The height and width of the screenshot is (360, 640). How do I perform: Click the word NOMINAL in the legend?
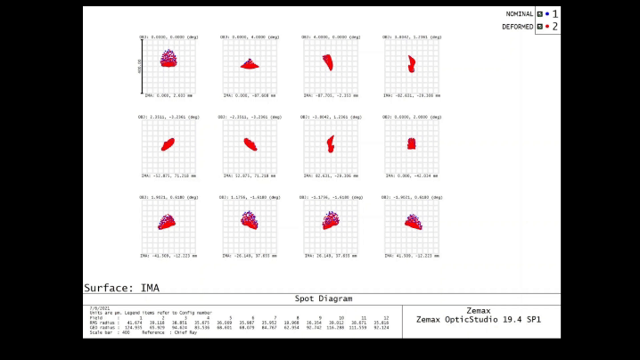click(x=520, y=14)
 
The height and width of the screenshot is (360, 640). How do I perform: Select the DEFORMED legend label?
click(x=518, y=27)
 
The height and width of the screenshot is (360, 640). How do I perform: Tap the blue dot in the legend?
click(x=546, y=14)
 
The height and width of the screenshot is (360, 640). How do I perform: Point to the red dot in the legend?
click(x=546, y=27)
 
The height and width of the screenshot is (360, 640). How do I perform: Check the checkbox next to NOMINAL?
click(x=539, y=14)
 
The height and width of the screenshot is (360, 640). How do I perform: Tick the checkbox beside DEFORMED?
click(x=539, y=27)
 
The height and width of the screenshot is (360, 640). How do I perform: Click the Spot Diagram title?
click(x=323, y=299)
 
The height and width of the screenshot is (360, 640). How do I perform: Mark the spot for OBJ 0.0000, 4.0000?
click(x=250, y=64)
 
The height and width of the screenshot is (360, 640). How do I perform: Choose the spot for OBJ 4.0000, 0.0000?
click(x=327, y=61)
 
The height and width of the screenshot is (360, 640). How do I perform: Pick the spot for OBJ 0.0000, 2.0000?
click(x=411, y=143)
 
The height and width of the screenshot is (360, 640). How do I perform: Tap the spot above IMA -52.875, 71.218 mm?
click(x=168, y=143)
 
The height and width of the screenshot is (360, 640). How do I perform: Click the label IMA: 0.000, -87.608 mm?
click(x=250, y=94)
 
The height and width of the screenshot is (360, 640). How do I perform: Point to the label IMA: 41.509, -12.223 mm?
click(x=411, y=256)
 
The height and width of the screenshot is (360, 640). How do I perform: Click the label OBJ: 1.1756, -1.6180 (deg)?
click(x=250, y=197)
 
